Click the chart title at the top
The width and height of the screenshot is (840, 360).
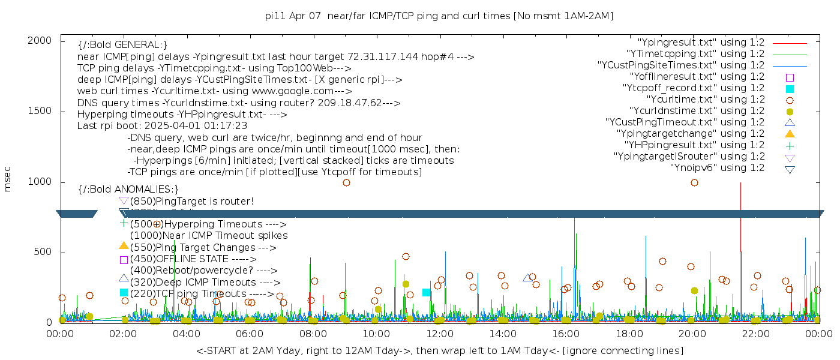point(439,16)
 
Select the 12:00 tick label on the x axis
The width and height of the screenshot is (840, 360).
point(439,334)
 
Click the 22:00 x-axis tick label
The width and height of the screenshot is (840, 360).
point(754,334)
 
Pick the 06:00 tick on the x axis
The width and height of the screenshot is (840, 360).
point(250,334)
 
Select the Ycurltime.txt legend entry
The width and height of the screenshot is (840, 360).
point(705,100)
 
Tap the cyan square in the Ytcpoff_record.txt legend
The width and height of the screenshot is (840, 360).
point(790,89)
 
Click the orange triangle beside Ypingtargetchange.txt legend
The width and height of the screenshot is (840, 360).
point(790,134)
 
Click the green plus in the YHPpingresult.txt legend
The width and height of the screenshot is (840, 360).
point(790,145)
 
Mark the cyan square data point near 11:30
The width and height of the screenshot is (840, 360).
point(426,293)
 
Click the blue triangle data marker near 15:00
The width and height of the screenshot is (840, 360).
point(527,278)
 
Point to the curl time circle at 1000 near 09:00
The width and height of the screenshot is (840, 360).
point(346,182)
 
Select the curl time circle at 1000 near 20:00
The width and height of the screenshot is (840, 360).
point(694,182)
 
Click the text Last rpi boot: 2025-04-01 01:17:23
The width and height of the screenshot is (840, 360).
point(162,126)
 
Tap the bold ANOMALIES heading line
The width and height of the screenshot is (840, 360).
point(128,190)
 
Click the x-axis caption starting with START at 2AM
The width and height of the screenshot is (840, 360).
point(439,350)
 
